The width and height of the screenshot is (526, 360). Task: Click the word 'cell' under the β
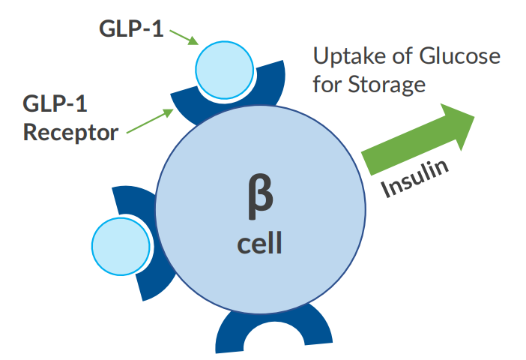pyautogui.click(x=259, y=244)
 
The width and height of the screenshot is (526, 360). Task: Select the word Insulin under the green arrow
pyautogui.click(x=417, y=178)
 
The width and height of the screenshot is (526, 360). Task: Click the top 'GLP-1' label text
pyautogui.click(x=131, y=29)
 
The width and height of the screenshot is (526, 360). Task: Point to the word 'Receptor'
pyautogui.click(x=70, y=133)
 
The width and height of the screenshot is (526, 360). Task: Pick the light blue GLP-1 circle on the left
pyautogui.click(x=120, y=244)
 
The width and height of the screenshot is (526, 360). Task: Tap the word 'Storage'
pyautogui.click(x=387, y=85)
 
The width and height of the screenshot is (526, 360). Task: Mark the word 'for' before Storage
pyautogui.click(x=327, y=84)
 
